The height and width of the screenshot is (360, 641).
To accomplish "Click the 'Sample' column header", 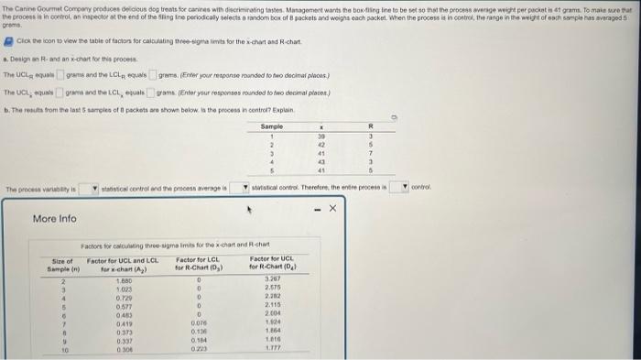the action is [x=272, y=125].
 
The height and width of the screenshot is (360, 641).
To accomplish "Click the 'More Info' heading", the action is [x=55, y=219].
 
